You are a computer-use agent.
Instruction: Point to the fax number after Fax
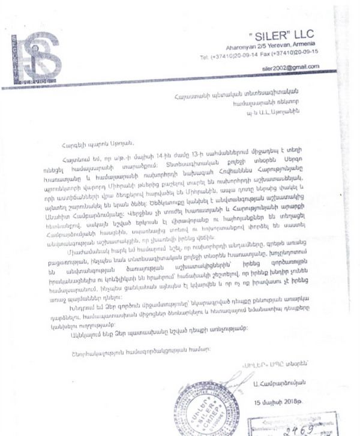302,56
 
